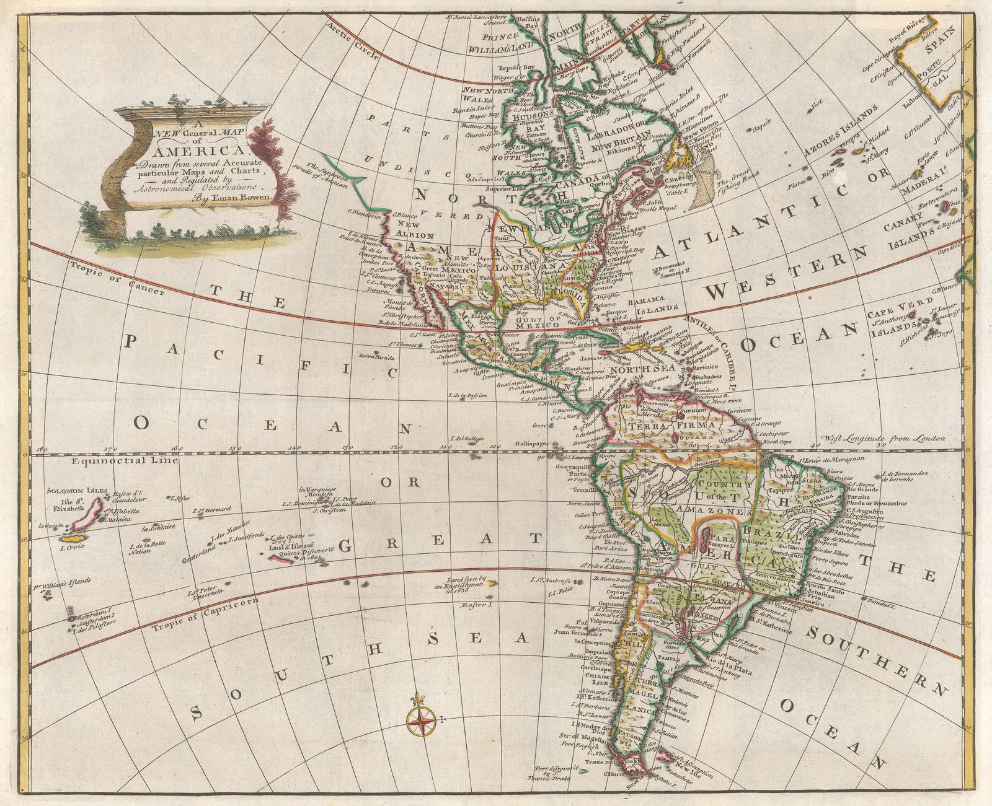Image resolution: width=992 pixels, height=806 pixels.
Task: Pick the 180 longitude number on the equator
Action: point(41,449)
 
